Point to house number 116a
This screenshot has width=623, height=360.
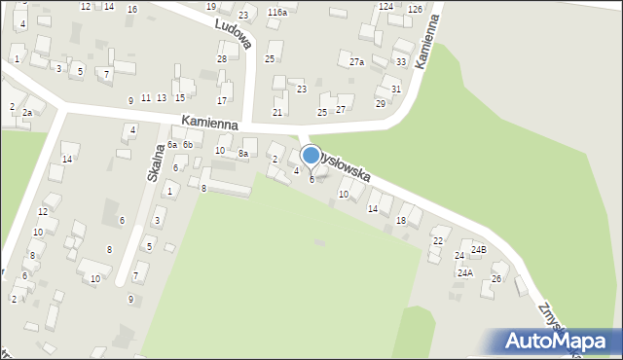click(277, 13)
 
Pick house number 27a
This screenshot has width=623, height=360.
click(357, 62)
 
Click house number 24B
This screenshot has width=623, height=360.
click(478, 250)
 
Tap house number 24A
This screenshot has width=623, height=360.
click(464, 273)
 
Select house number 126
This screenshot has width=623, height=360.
click(415, 9)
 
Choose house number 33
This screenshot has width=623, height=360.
click(401, 62)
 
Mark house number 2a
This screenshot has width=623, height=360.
click(28, 114)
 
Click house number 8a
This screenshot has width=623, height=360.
click(245, 154)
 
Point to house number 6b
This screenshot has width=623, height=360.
click(188, 145)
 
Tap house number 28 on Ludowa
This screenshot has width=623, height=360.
click(222, 59)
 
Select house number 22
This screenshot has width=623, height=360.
click(437, 240)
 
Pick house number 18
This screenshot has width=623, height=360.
click(401, 222)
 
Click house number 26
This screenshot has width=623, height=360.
click(495, 280)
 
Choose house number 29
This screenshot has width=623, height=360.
click(380, 103)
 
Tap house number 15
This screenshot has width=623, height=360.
click(180, 98)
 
